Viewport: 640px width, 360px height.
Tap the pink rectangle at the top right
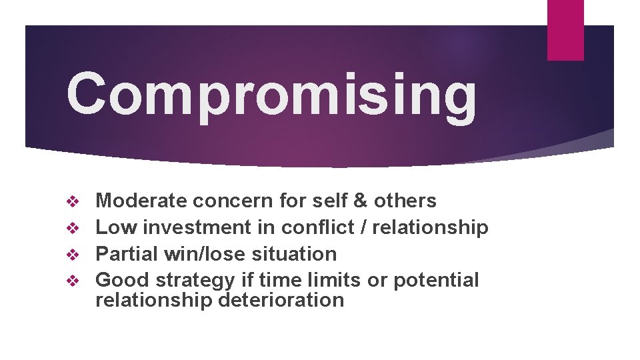pyautogui.click(x=565, y=29)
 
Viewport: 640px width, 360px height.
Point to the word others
pyautogui.click(x=405, y=201)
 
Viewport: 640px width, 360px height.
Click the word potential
pyautogui.click(x=436, y=281)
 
